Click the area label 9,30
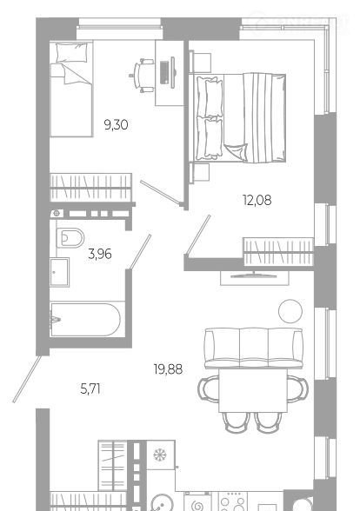click(116, 125)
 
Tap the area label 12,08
click(257, 200)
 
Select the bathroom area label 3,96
click(100, 254)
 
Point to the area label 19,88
click(168, 369)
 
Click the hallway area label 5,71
click(90, 388)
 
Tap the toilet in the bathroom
click(70, 237)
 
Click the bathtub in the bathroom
click(85, 320)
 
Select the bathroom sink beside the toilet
click(59, 272)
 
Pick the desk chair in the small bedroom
click(141, 76)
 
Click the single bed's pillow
click(72, 52)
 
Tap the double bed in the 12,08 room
click(241, 118)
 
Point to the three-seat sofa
click(253, 348)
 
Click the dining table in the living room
click(253, 390)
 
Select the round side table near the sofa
click(290, 311)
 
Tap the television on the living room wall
click(254, 275)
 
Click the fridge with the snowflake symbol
click(160, 455)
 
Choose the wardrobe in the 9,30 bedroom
click(91, 188)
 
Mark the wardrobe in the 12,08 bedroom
click(278, 252)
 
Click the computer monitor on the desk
click(173, 72)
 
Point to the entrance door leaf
click(27, 379)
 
